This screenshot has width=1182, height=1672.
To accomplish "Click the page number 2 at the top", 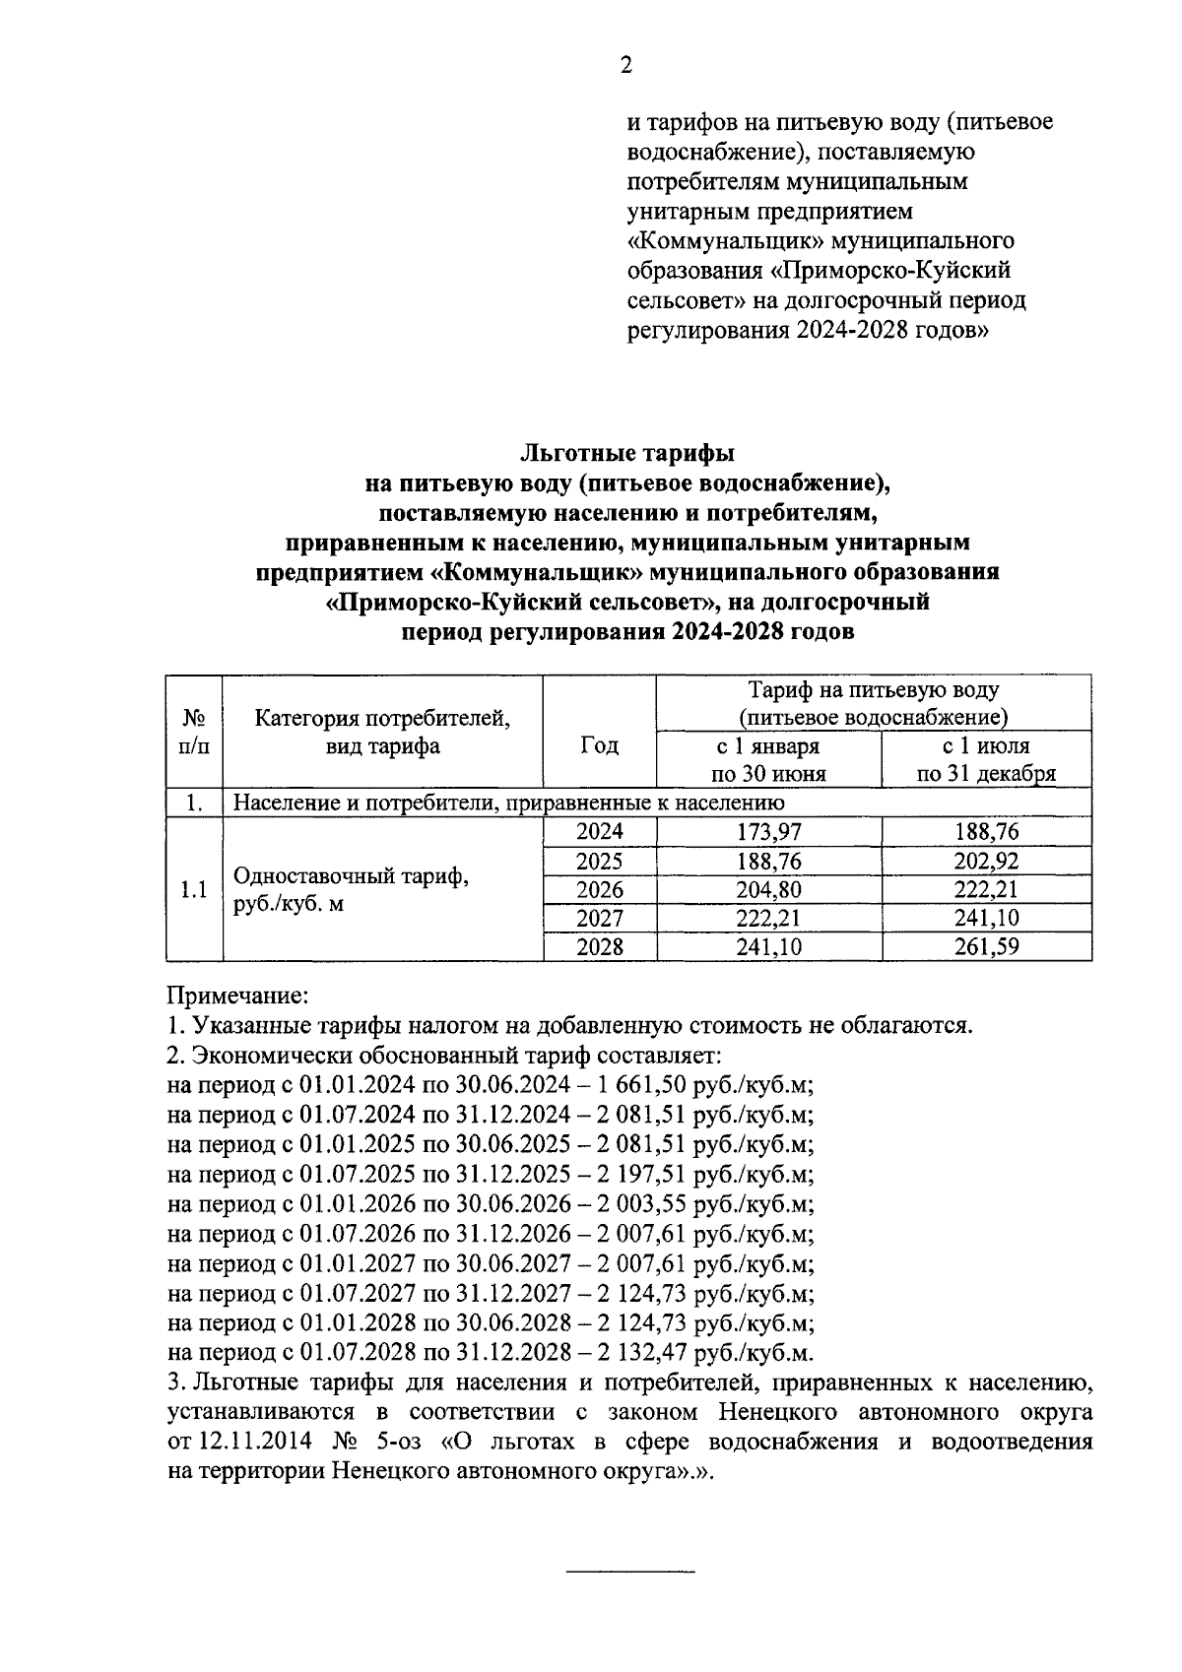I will [x=625, y=66].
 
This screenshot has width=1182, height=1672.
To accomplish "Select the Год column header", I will [x=599, y=745].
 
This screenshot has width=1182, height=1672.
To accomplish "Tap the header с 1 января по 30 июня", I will [x=769, y=759].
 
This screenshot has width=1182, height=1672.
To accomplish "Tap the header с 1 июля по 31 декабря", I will [x=986, y=759].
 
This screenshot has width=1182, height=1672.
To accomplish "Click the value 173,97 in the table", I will [x=769, y=832].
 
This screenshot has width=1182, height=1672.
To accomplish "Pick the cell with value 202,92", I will [x=986, y=862].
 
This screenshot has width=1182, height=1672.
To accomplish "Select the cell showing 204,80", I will [x=769, y=890].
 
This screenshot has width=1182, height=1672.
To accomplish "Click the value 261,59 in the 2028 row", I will [x=986, y=947].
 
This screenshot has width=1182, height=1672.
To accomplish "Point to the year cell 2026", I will [x=599, y=890].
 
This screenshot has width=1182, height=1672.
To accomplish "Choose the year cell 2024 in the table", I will [x=599, y=832].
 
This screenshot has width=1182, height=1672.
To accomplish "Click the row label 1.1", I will [x=194, y=890].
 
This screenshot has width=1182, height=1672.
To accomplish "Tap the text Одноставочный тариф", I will [x=350, y=876].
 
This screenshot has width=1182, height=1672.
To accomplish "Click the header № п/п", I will [x=194, y=732].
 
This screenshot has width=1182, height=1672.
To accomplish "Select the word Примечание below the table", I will [x=238, y=996].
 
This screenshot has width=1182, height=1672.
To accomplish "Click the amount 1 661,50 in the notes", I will [x=638, y=1084].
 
